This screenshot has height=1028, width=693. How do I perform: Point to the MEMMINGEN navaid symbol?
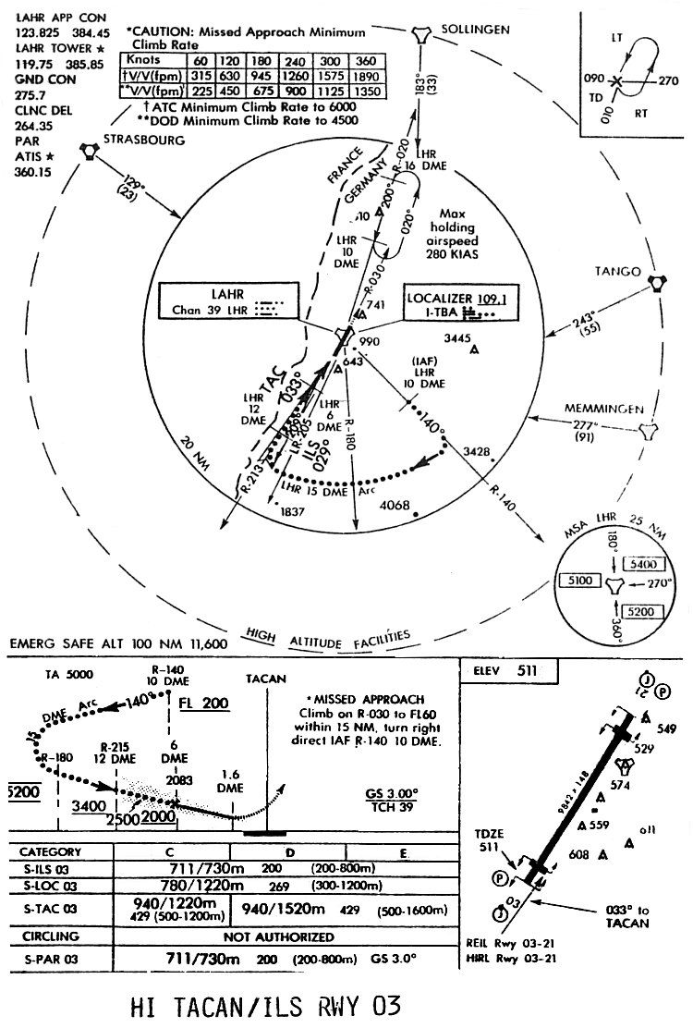coord(650,429)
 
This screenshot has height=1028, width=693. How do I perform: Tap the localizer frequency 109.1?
coord(494,299)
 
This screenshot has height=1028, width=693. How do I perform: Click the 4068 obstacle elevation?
coord(395,505)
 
